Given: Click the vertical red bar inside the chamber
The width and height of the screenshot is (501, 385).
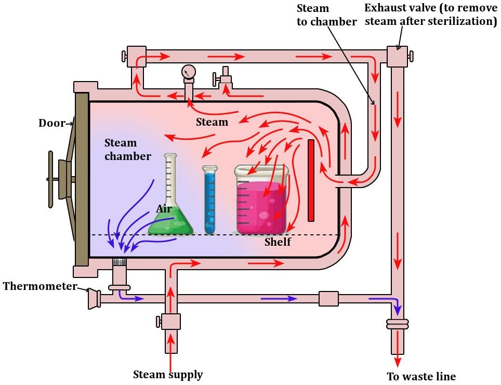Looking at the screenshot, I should [x=311, y=180].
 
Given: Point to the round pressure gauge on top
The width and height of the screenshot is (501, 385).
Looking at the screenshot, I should [x=188, y=71].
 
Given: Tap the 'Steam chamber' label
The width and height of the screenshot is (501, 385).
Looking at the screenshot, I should [x=128, y=149].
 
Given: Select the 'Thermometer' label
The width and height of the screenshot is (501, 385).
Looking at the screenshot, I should [x=39, y=286].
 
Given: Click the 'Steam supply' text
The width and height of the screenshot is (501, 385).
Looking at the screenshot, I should [x=168, y=374].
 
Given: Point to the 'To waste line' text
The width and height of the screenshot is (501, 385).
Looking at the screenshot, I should [x=421, y=376].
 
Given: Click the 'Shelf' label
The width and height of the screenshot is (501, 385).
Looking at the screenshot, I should [x=278, y=242].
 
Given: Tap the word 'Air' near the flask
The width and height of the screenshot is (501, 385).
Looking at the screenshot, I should [x=164, y=208].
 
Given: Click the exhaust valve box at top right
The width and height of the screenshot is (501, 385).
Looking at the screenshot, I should [x=398, y=57].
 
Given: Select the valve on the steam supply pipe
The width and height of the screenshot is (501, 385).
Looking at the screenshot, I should [x=170, y=322].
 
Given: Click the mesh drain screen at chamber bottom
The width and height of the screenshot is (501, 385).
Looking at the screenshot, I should [x=120, y=262].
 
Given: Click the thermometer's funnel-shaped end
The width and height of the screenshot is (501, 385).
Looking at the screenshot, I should [x=94, y=299].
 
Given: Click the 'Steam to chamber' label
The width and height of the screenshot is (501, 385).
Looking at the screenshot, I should [x=326, y=15].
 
